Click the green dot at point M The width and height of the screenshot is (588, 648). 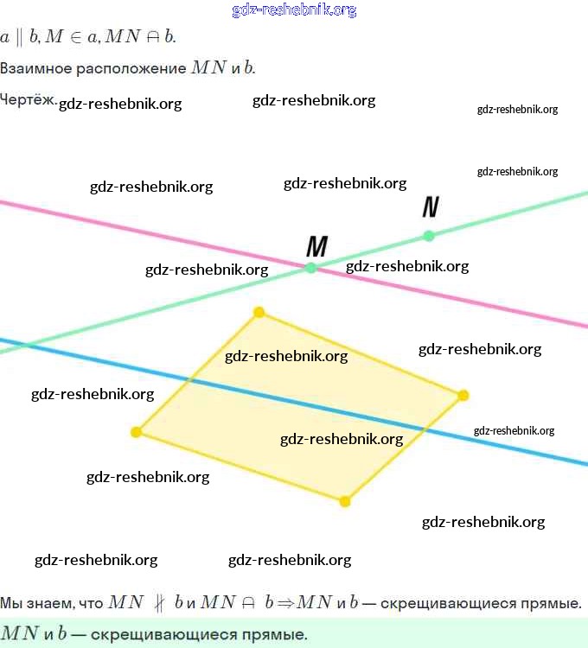click(x=311, y=268)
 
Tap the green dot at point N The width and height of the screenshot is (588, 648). click(x=429, y=235)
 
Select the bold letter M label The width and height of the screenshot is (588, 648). click(x=317, y=247)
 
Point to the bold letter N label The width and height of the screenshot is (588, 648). click(x=431, y=207)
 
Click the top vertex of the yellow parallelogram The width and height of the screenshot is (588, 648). click(x=258, y=312)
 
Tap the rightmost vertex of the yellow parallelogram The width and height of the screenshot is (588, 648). click(x=463, y=395)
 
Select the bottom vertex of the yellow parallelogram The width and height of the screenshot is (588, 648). click(x=344, y=501)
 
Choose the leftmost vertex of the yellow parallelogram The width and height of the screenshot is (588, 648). click(x=136, y=432)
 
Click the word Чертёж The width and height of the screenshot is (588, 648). click(x=29, y=99)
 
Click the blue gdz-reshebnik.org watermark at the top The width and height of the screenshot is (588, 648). click(x=294, y=10)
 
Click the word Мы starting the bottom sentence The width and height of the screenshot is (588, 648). click(x=10, y=602)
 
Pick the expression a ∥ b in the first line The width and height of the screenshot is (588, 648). click(x=16, y=37)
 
